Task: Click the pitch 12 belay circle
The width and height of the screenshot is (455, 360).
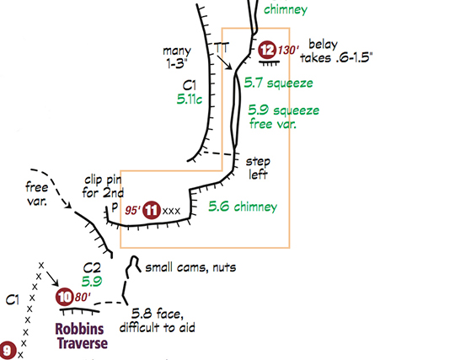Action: [267, 50]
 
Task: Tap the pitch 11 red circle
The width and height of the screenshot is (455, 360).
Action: [152, 210]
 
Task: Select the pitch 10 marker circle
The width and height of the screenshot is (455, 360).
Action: [64, 297]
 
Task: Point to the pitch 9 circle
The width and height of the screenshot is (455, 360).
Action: [7, 350]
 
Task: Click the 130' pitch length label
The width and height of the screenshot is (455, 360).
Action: [288, 51]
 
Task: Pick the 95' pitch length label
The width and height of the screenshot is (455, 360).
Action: [132, 210]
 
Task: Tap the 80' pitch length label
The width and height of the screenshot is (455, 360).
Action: [83, 297]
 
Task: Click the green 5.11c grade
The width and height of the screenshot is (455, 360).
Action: [190, 99]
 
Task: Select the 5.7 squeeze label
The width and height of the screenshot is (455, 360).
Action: [278, 83]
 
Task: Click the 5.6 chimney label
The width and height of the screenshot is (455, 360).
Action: [243, 207]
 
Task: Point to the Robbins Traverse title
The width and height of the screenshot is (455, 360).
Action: [82, 336]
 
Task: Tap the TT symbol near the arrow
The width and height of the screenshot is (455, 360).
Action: [222, 47]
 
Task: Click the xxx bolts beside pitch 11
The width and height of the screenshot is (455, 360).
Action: [171, 211]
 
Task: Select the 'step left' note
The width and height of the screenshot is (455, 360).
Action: [258, 168]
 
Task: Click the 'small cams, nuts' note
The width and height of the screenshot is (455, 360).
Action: [190, 267]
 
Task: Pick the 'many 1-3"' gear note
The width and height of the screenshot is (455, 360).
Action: [177, 57]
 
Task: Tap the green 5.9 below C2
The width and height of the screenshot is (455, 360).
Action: [92, 282]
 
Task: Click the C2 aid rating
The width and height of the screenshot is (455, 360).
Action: [92, 267]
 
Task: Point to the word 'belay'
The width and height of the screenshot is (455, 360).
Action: [323, 45]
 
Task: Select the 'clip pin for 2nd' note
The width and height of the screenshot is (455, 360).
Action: [103, 186]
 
